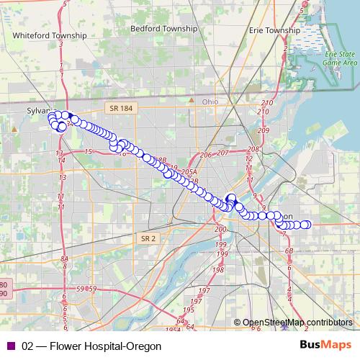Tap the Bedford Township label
pos(163,29)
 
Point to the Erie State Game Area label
pos(338,58)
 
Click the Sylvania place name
pos(40,112)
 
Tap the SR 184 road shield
pos(122,108)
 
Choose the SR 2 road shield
pos(148,238)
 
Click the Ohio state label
pos(210,102)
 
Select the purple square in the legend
pos(10,346)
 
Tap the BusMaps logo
pos(326,346)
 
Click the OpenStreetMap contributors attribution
pos(297,323)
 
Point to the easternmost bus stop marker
pos(306,225)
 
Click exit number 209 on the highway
pos(263,130)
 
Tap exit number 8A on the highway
pos(64,258)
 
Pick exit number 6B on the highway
pos(289,250)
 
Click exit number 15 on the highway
pos(88,151)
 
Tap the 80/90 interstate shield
pos(4,289)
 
